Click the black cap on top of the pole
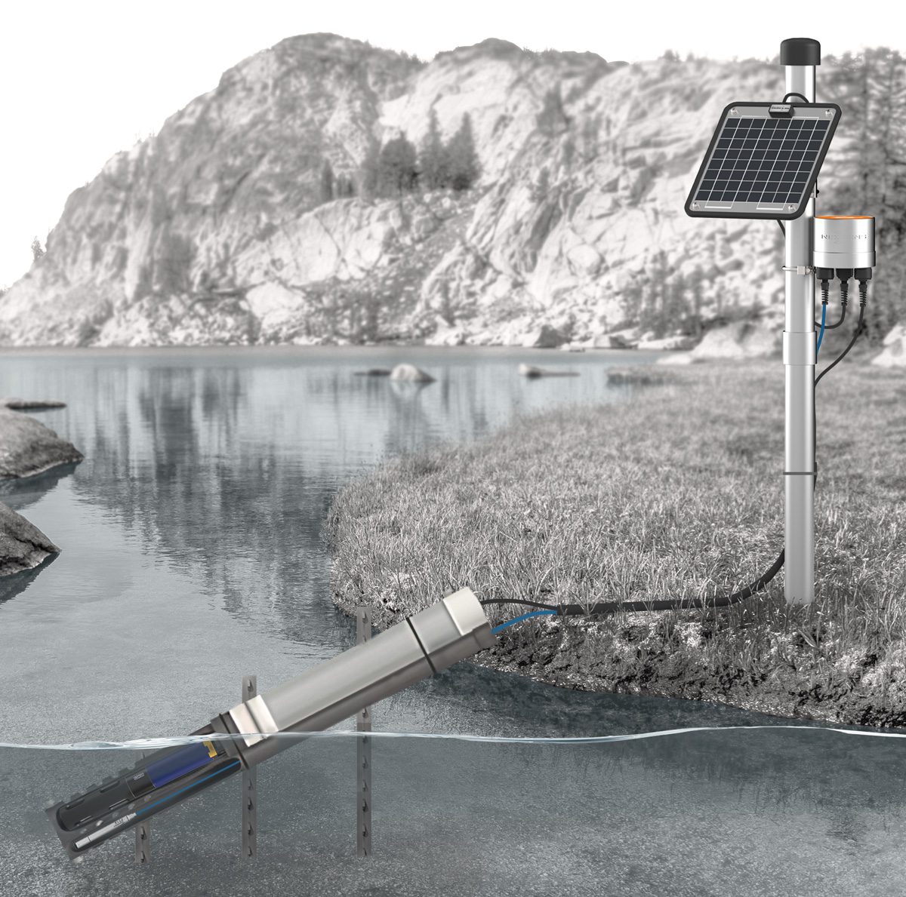coord(798,52)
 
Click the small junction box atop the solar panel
coord(781,110)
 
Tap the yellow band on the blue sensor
coord(212,751)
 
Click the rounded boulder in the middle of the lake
coord(411,373)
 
